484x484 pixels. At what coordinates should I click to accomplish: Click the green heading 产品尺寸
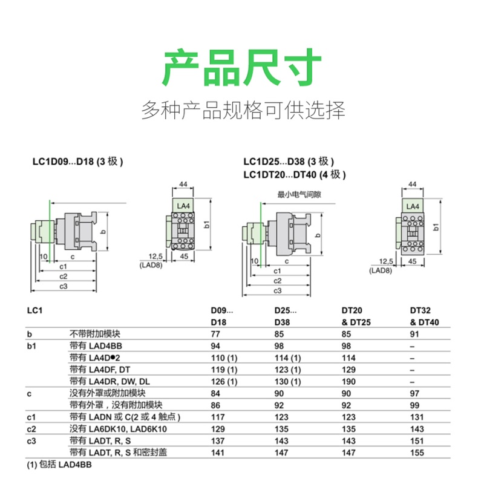pyautogui.click(x=242, y=68)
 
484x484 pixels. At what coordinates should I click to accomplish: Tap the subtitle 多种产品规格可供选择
pyautogui.click(x=243, y=111)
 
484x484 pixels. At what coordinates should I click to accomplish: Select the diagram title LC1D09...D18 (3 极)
pyautogui.click(x=78, y=162)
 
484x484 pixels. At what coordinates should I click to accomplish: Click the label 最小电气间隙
pyautogui.click(x=299, y=195)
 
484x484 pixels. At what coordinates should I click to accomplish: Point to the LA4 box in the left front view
pyautogui.click(x=183, y=206)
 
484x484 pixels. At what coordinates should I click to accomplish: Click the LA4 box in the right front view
pyautogui.click(x=413, y=206)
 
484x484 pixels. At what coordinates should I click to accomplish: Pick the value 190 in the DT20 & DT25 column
pyautogui.click(x=348, y=382)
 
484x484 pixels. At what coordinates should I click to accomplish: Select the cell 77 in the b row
pyautogui.click(x=215, y=335)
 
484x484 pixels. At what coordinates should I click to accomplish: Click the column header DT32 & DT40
pyautogui.click(x=425, y=316)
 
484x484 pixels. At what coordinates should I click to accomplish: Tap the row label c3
pyautogui.click(x=31, y=441)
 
